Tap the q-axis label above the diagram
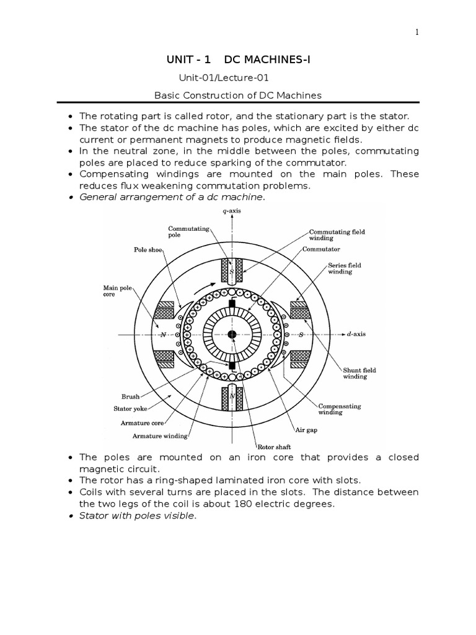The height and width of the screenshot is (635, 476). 232,211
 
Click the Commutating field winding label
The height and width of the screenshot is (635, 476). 337,234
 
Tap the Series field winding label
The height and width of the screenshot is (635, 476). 345,268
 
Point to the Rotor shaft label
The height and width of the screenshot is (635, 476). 273,445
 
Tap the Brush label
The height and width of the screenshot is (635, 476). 131,395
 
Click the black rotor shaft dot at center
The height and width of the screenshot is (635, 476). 232,335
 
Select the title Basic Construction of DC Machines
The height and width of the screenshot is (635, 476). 237,95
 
